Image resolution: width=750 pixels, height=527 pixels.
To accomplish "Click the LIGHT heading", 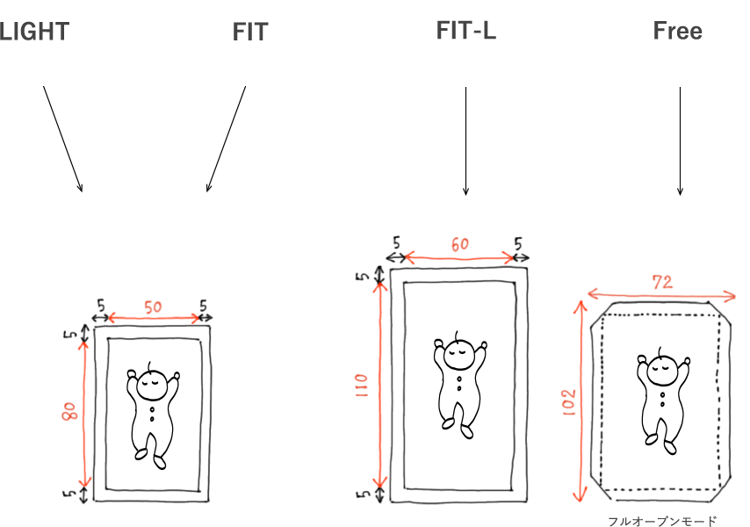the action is pyautogui.click(x=34, y=32).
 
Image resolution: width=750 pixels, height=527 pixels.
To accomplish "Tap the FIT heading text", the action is pyautogui.click(x=250, y=32).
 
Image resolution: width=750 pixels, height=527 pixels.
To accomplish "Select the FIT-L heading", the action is pyautogui.click(x=465, y=31).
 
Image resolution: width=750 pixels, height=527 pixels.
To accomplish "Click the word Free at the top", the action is pyautogui.click(x=677, y=31).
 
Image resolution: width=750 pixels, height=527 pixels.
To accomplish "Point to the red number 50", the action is pyautogui.click(x=153, y=307).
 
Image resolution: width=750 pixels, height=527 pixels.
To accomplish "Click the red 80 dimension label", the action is pyautogui.click(x=70, y=411).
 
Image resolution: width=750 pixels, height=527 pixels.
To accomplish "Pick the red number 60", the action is pyautogui.click(x=459, y=244).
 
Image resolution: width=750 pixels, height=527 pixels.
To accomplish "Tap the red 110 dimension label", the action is pyautogui.click(x=362, y=386).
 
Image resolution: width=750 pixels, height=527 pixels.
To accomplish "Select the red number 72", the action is pyautogui.click(x=662, y=282).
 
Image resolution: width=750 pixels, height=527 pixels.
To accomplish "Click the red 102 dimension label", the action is pyautogui.click(x=569, y=401).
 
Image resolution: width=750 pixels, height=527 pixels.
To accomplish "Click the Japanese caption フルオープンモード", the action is pyautogui.click(x=662, y=521).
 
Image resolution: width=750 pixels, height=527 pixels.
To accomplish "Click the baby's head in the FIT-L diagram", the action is pyautogui.click(x=459, y=354).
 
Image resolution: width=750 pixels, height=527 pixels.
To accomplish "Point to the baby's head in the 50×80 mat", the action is pyautogui.click(x=152, y=385).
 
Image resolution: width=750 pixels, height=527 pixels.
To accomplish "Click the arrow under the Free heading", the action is pyautogui.click(x=680, y=141).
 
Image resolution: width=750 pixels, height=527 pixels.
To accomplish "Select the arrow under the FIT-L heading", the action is pyautogui.click(x=465, y=141).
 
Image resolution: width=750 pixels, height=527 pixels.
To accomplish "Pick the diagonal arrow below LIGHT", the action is pyautogui.click(x=62, y=139).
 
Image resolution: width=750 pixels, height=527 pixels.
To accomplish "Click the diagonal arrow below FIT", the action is pyautogui.click(x=226, y=139).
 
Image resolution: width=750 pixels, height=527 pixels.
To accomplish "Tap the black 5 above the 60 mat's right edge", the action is pyautogui.click(x=518, y=244).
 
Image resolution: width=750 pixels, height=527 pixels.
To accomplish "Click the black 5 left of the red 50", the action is pyautogui.click(x=100, y=305).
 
